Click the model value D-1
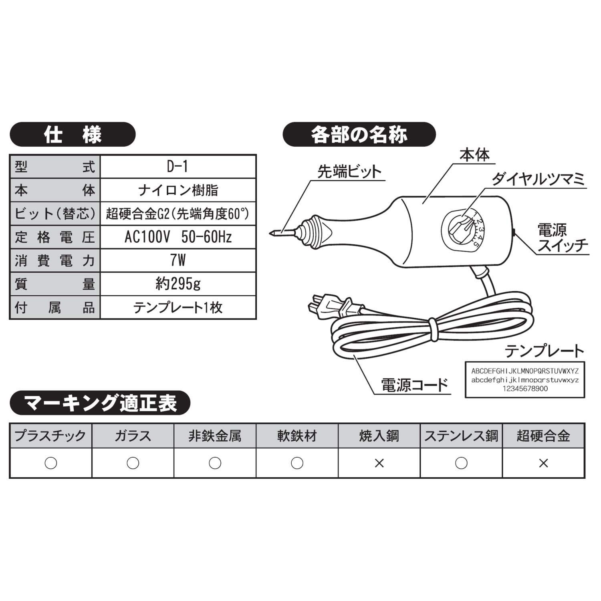177,167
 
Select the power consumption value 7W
177,260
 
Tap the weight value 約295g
177,284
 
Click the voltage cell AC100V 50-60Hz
177,237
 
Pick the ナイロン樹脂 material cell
177,190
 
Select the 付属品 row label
54,308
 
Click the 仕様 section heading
73,135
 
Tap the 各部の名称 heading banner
359,135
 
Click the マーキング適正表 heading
100,403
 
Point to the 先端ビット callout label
349,171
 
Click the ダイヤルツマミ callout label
538,179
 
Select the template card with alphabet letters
524,380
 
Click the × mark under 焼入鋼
379,463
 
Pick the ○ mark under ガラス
133,463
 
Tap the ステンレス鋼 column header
461,436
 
